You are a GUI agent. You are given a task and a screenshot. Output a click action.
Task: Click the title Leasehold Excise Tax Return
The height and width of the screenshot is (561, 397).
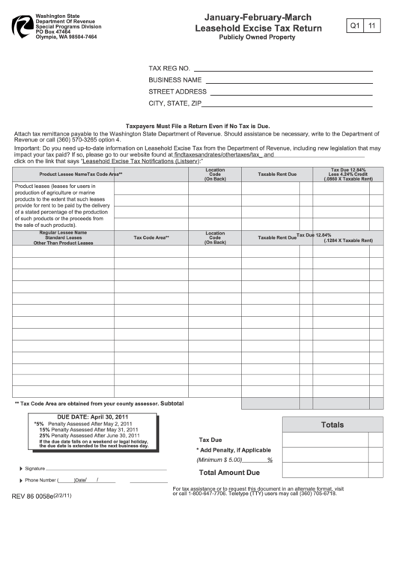pyautogui.click(x=258, y=28)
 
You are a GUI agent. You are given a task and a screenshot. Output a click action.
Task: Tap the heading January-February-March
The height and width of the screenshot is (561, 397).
pyautogui.click(x=258, y=16)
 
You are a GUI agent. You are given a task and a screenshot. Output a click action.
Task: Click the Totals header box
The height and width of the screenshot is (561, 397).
pyautogui.click(x=332, y=425)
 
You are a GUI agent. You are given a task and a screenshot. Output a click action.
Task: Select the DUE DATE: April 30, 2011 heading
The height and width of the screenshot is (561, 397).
pyautogui.click(x=94, y=416)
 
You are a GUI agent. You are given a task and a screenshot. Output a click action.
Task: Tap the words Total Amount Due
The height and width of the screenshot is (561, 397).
pyautogui.click(x=229, y=473)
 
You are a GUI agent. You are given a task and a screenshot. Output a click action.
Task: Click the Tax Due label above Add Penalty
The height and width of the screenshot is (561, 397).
pyautogui.click(x=210, y=440)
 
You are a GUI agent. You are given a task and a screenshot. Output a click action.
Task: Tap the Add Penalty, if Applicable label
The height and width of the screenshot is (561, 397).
pyautogui.click(x=233, y=449)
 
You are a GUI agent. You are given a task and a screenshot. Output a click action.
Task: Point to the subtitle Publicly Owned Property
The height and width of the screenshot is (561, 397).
pyautogui.click(x=258, y=37)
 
